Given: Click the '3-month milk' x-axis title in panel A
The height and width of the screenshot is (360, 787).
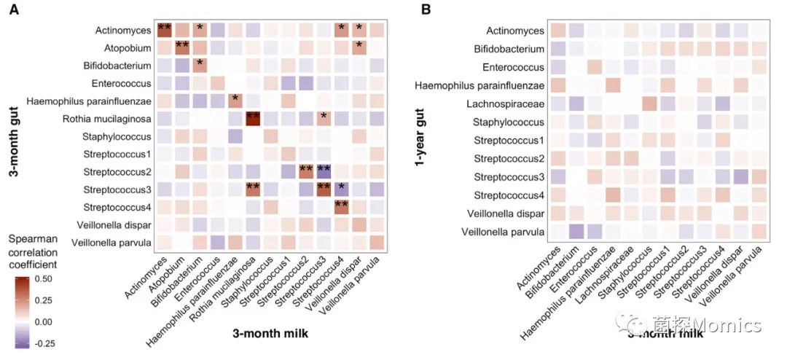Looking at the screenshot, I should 267,333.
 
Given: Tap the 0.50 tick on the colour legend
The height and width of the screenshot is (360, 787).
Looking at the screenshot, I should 47,278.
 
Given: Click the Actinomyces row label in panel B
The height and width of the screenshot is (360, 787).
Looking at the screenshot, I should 516,31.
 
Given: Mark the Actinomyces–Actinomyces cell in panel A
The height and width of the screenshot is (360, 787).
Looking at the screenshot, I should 165,30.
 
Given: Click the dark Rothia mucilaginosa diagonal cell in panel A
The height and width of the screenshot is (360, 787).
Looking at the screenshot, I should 253,118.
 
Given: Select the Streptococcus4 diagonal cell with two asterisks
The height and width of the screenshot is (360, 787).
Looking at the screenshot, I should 341,206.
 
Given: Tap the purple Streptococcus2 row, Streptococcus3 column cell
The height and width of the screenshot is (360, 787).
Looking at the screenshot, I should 324,171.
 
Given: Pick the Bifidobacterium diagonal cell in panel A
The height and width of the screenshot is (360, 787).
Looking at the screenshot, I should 200,66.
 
